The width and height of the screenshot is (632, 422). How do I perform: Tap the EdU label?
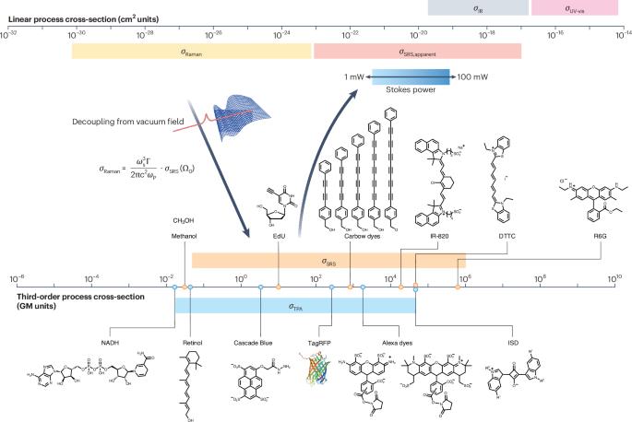[x=278, y=236]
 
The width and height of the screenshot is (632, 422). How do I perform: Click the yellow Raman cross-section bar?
[x=192, y=52]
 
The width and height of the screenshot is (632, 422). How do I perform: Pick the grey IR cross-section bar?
[x=478, y=7]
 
